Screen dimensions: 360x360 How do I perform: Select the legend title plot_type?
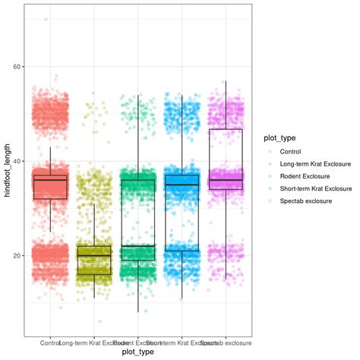280,138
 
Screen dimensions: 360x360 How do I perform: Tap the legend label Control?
292,150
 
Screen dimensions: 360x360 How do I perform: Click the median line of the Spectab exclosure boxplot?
226,180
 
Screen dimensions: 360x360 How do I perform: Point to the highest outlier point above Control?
46,19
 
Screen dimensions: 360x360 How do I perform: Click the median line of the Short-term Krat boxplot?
182,185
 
